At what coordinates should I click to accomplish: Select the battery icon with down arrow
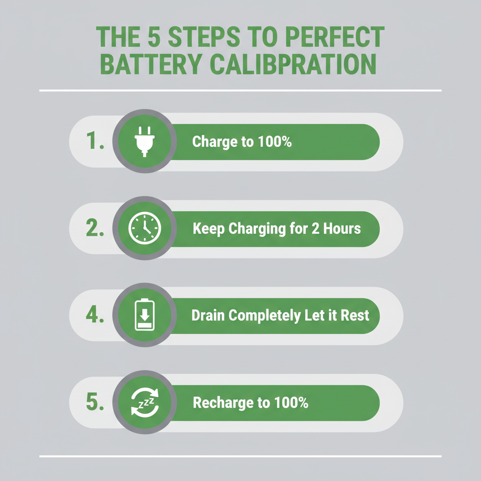pyautogui.click(x=144, y=315)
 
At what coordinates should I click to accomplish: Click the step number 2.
pyautogui.click(x=96, y=229)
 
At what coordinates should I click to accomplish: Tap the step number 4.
pyautogui.click(x=95, y=315)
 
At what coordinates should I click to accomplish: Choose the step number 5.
pyautogui.click(x=95, y=403)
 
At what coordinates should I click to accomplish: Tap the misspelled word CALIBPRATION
pyautogui.click(x=293, y=65)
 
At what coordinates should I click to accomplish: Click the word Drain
pyautogui.click(x=209, y=315)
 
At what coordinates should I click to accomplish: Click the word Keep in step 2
pyautogui.click(x=209, y=229)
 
